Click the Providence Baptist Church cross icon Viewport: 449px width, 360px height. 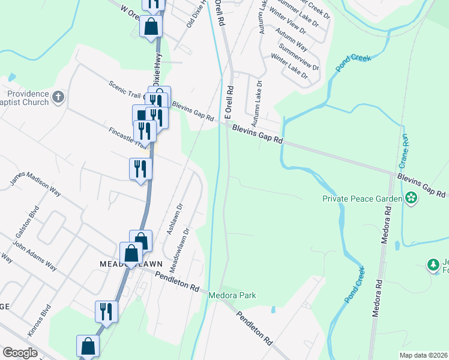point(58,97)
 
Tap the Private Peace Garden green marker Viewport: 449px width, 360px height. point(411,197)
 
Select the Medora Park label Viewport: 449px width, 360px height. point(232,295)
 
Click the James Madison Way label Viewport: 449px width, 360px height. point(35,182)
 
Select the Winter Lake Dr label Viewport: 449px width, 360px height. point(289,67)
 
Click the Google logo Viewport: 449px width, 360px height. point(20,353)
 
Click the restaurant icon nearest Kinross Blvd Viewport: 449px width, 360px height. point(106,311)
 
